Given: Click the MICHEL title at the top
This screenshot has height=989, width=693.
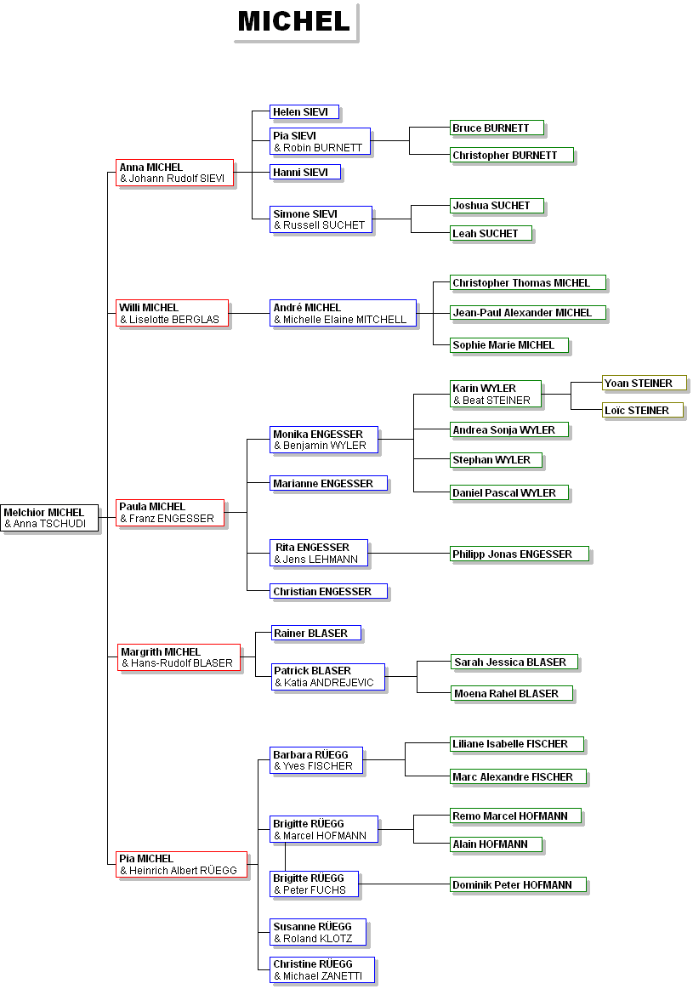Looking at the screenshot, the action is click(x=294, y=21).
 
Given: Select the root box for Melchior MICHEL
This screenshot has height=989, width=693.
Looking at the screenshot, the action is click(x=50, y=519).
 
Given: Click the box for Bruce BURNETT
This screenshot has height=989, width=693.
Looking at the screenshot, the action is click(x=497, y=128).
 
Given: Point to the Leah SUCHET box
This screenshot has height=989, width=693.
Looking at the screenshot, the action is click(x=491, y=234).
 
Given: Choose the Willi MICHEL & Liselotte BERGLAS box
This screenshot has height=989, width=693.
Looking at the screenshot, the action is click(x=173, y=314).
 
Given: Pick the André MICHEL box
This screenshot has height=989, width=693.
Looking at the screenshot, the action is click(x=344, y=314).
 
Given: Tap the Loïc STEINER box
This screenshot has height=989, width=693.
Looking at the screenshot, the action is click(x=644, y=411).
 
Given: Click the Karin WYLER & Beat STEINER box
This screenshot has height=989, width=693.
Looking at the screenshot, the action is click(x=497, y=395).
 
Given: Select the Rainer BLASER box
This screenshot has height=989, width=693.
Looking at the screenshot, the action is click(x=316, y=634).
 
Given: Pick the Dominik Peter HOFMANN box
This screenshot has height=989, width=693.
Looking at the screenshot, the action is click(x=519, y=885).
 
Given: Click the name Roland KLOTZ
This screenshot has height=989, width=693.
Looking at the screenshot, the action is click(x=318, y=939).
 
